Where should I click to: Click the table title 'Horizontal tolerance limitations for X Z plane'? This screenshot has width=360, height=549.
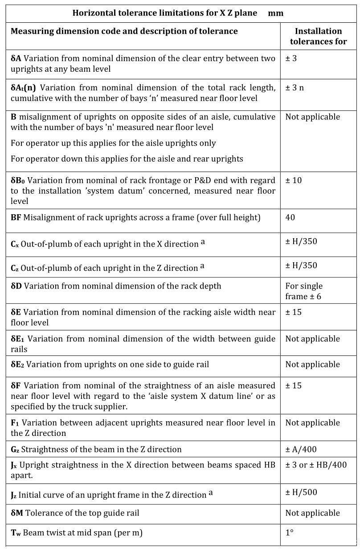click(x=164, y=13)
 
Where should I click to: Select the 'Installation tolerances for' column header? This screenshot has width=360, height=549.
click(x=318, y=37)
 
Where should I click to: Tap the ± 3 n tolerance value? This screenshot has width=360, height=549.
click(x=295, y=87)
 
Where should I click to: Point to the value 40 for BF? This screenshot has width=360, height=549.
click(x=290, y=218)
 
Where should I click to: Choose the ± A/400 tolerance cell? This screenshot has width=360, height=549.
click(x=301, y=449)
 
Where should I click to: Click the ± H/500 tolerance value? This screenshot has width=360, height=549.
click(x=301, y=492)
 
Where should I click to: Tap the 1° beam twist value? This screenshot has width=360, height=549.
click(x=290, y=532)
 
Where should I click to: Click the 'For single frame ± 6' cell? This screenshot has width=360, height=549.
click(x=304, y=291)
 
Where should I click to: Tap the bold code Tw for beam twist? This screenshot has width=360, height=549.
click(x=16, y=533)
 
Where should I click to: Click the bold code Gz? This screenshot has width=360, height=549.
click(x=15, y=450)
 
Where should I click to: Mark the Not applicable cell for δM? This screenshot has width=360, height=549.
click(x=312, y=513)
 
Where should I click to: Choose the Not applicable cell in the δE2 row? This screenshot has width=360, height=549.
click(x=312, y=364)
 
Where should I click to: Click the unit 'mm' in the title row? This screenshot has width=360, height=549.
click(x=276, y=13)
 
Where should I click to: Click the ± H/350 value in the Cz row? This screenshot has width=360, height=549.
click(x=301, y=265)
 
